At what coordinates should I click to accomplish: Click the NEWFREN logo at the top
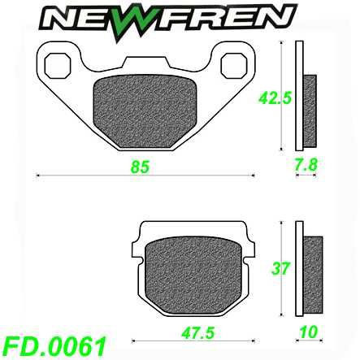[180, 17]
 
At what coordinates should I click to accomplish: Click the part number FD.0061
[54, 345]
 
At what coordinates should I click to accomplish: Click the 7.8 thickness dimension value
[304, 166]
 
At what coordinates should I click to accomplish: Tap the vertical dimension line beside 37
[281, 268]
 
